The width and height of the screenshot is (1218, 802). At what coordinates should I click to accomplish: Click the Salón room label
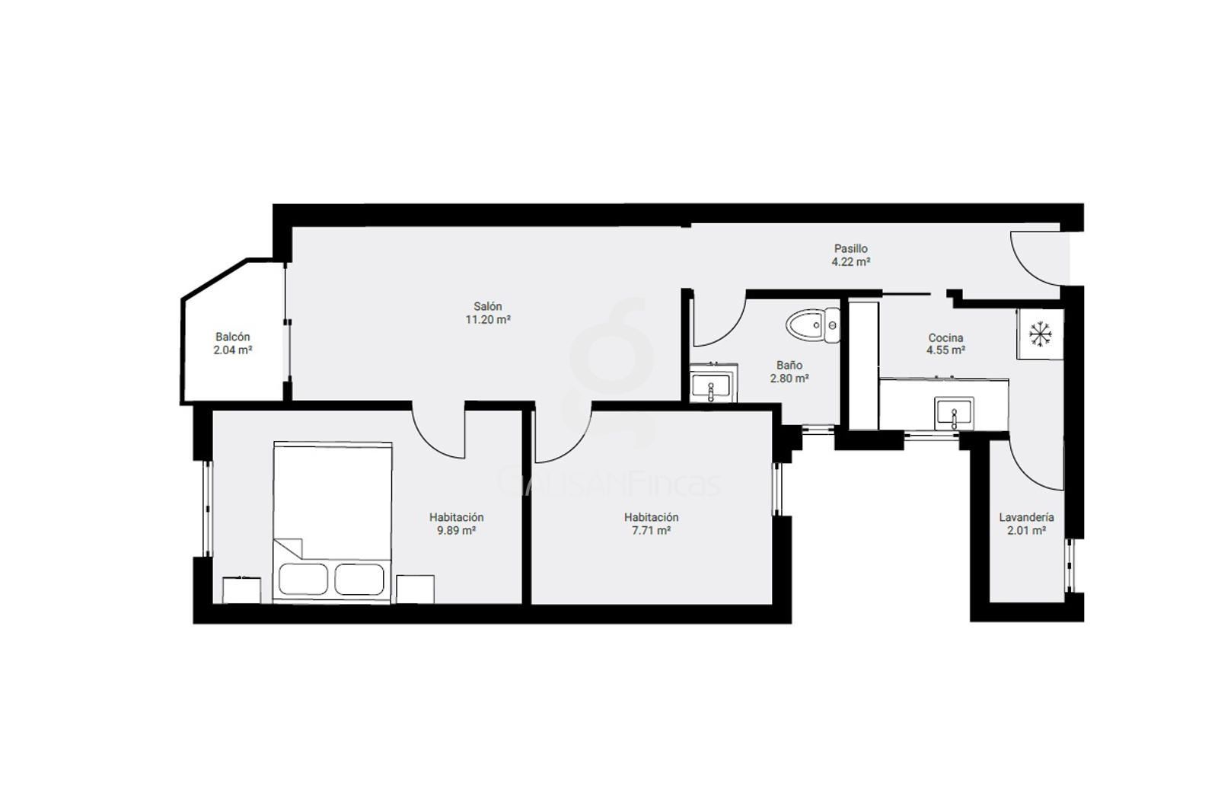(x=487, y=306)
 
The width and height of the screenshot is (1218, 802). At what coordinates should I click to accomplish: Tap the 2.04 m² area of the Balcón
(x=232, y=350)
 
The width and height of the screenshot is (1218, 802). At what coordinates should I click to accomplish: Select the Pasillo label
(x=851, y=248)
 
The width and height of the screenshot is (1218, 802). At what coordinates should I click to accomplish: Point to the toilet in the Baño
(x=813, y=324)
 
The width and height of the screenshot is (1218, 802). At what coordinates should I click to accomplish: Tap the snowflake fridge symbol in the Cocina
(x=1040, y=334)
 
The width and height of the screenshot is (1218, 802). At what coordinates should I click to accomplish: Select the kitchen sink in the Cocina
(x=954, y=414)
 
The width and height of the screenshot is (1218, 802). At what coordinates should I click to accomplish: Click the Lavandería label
(x=1026, y=517)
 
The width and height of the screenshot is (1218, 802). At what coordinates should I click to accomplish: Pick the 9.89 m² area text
(x=456, y=530)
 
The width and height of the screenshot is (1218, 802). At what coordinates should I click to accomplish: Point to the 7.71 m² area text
(x=651, y=530)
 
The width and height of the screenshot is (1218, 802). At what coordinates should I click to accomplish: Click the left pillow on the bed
(x=304, y=579)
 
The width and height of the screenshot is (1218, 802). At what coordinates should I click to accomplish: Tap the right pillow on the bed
(x=359, y=579)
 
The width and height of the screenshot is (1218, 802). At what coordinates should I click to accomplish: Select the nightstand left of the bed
(x=241, y=590)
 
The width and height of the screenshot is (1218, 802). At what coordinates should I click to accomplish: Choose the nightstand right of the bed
(x=415, y=590)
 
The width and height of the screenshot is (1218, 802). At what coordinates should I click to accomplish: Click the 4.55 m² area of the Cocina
(x=945, y=350)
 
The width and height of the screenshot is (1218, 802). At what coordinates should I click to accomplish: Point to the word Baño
(x=789, y=365)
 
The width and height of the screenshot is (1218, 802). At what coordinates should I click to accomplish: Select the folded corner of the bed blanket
(x=289, y=548)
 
